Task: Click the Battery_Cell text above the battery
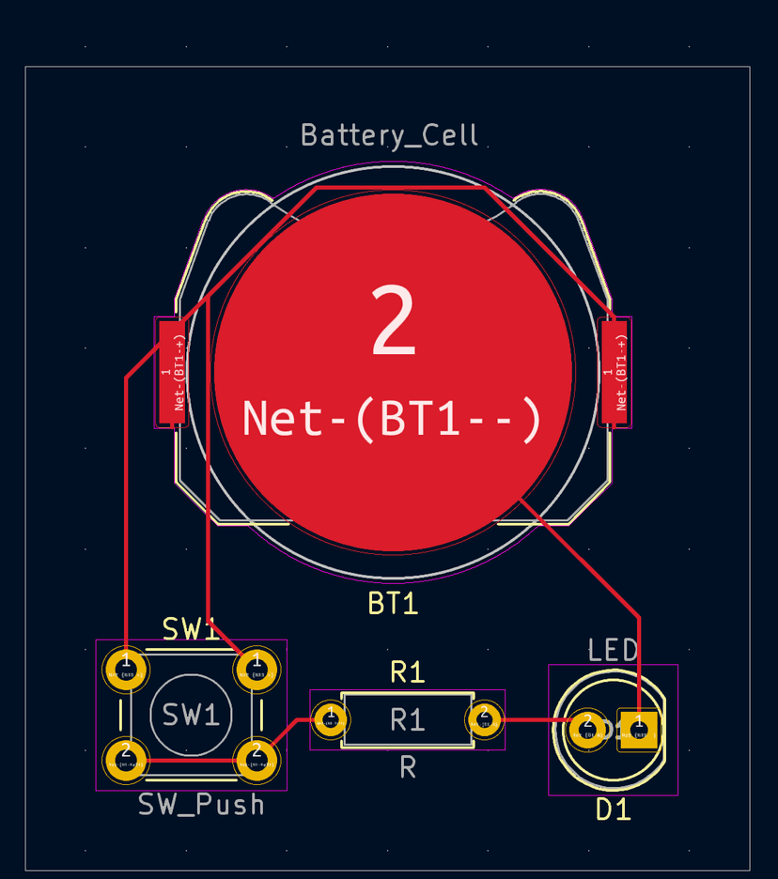click(x=389, y=135)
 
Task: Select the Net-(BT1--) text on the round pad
click(x=393, y=419)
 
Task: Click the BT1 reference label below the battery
click(x=393, y=604)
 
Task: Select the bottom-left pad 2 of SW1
click(x=125, y=755)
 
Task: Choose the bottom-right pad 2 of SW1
click(x=255, y=755)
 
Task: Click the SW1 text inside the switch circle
click(x=191, y=716)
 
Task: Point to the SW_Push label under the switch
click(x=201, y=805)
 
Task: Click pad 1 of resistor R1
click(x=330, y=719)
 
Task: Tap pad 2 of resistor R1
click(x=485, y=719)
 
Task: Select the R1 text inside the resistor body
click(x=407, y=720)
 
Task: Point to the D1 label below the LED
click(x=613, y=810)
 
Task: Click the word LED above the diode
click(x=613, y=650)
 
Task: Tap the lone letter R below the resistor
click(x=407, y=768)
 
